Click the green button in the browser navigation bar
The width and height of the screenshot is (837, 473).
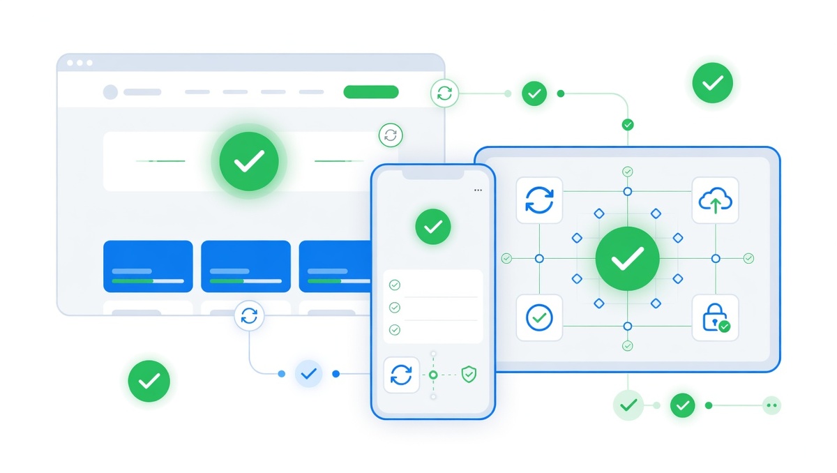point(371,92)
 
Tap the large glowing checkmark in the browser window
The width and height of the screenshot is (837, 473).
point(249,162)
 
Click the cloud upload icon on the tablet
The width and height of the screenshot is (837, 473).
point(715,200)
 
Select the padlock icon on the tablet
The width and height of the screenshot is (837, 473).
point(715,317)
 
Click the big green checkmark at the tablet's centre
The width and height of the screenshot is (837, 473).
point(627,259)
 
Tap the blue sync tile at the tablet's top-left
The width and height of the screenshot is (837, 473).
point(539,200)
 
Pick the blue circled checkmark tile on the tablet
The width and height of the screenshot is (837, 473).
point(539,317)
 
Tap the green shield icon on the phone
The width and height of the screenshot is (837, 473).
point(469,375)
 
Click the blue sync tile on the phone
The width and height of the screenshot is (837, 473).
point(401,375)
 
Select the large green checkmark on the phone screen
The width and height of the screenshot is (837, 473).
point(433,226)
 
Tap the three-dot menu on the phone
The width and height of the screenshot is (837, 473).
point(478,190)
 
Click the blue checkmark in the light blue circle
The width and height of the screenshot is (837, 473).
point(309,374)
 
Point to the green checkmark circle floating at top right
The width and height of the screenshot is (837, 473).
point(712,83)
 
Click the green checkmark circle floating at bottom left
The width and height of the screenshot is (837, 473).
point(149,381)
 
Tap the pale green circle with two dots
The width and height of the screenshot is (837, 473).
point(771,405)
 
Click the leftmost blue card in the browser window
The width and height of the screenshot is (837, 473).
point(148,266)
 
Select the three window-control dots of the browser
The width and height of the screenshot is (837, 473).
point(80,63)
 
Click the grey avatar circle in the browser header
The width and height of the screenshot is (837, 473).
point(110,92)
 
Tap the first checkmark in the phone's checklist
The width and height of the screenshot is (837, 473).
point(395,285)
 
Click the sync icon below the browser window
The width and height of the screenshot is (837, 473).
point(249,317)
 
